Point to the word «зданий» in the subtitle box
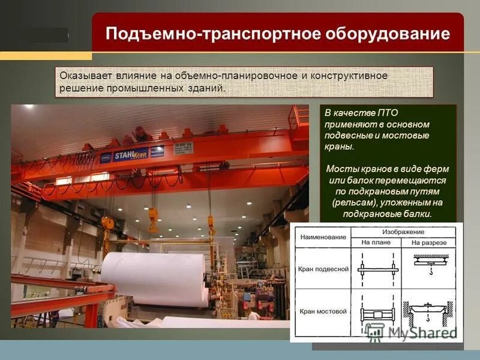[x=208, y=88]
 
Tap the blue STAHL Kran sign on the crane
[x=131, y=154]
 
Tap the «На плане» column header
[x=376, y=242]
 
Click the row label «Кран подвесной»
[x=323, y=269]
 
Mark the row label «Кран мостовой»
[x=323, y=312]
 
